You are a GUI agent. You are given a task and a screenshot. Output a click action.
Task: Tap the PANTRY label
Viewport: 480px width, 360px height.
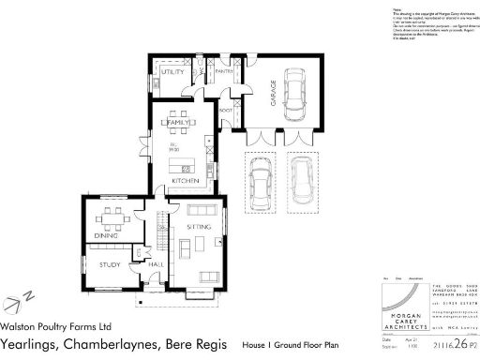click(x=224, y=71)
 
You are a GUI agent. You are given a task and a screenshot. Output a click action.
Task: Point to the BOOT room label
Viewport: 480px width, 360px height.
click(x=225, y=111)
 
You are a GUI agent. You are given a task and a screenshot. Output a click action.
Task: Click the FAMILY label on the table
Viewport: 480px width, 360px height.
click(x=178, y=123)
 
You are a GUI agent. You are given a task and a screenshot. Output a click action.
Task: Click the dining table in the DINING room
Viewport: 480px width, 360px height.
click(x=112, y=221)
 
